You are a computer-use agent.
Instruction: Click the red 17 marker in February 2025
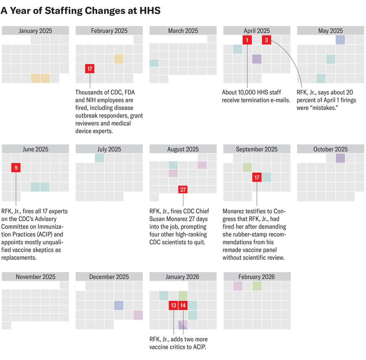click(90, 69)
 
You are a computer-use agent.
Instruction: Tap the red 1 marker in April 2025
click(247, 39)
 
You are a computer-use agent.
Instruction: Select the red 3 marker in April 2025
click(266, 39)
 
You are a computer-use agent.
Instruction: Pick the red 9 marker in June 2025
click(16, 167)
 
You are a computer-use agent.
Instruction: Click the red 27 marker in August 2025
click(183, 189)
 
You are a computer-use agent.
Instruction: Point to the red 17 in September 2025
click(257, 177)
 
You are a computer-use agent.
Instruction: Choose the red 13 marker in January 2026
click(173, 305)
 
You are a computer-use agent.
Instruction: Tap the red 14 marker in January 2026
click(183, 305)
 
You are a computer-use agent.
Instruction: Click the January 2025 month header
click(35, 31)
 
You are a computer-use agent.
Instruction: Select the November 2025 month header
click(35, 277)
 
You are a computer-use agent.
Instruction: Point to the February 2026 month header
click(257, 277)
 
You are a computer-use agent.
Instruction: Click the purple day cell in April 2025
click(257, 59)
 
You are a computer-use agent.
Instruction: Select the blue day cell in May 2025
click(340, 39)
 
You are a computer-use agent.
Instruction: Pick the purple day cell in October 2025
click(340, 158)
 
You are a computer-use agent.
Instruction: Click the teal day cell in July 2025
click(100, 158)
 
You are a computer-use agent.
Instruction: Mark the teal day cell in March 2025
click(154, 63)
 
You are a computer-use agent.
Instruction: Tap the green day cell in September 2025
click(247, 167)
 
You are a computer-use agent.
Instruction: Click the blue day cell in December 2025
click(119, 305)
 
